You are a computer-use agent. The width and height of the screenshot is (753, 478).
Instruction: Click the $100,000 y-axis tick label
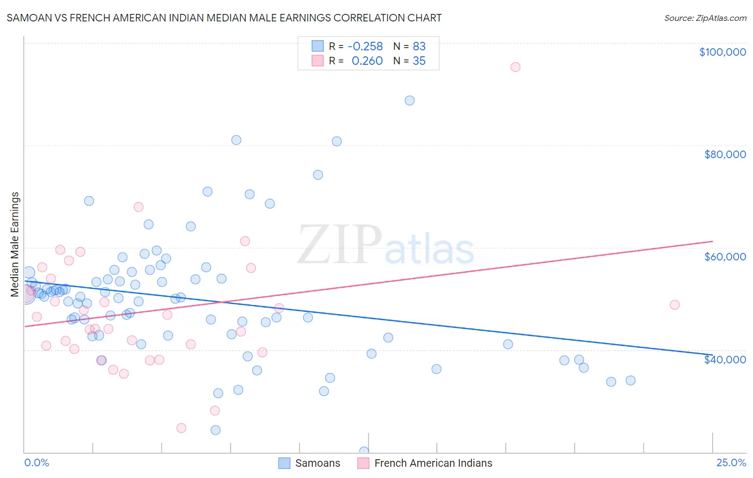(722, 52)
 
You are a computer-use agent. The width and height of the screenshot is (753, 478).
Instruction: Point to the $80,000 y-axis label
(725, 154)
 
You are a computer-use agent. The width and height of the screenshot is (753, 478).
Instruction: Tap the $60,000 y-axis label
(725, 257)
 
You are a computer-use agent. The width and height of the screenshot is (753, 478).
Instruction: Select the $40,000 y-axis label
(725, 360)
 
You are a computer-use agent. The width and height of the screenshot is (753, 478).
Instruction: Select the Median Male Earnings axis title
(15, 244)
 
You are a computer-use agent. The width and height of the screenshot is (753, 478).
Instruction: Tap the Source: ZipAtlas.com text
(705, 18)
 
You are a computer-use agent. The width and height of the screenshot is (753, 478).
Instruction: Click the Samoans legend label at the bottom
(317, 463)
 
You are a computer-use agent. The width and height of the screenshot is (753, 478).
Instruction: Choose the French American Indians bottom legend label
(433, 463)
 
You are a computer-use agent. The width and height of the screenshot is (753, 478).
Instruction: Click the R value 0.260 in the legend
(367, 61)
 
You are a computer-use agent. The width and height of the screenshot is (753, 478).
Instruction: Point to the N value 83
(419, 46)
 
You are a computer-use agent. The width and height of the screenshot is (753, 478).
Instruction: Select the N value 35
(419, 61)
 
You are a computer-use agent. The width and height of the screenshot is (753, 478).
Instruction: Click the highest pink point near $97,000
(515, 67)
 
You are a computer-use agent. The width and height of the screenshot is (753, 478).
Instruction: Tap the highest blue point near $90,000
(410, 101)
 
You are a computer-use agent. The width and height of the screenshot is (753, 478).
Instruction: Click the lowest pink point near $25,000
(182, 428)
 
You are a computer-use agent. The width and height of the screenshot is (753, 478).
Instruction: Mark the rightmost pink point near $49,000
(675, 305)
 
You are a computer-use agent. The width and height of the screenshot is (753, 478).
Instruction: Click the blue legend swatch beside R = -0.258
(318, 46)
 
